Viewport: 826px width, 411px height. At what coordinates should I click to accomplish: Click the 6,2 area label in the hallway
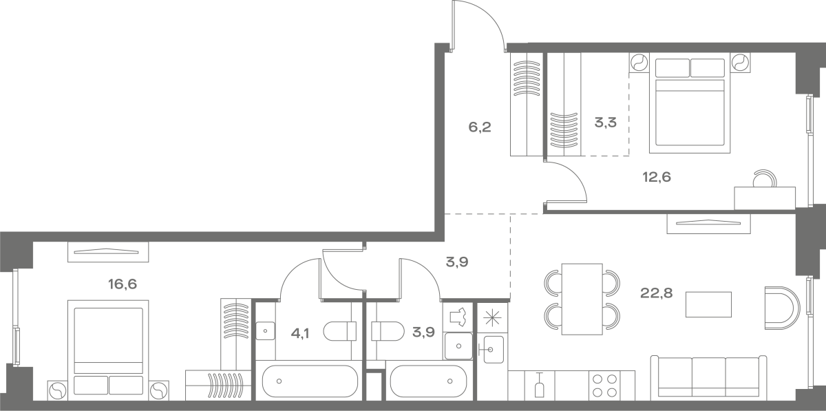tap(480, 127)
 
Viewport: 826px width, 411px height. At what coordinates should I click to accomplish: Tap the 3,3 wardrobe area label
tap(606, 122)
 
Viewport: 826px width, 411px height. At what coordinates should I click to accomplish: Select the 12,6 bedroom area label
tap(657, 177)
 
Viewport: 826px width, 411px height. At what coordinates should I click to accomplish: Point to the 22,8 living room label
tap(657, 293)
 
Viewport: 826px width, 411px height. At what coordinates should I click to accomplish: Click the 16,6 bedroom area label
tap(123, 284)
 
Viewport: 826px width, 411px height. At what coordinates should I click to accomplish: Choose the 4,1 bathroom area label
tap(300, 334)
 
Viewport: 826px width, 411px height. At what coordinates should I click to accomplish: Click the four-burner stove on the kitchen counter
tap(605, 386)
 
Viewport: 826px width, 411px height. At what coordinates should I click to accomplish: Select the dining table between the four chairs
tap(582, 299)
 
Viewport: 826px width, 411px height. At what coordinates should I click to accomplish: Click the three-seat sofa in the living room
tap(708, 377)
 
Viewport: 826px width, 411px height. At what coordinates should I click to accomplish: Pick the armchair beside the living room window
tap(782, 308)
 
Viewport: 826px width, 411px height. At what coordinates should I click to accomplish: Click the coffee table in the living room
tap(708, 304)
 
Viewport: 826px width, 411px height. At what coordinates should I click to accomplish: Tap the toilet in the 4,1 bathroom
tap(340, 331)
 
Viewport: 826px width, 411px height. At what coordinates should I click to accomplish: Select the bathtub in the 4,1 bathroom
tap(310, 381)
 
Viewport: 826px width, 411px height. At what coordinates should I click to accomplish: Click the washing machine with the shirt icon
tap(458, 317)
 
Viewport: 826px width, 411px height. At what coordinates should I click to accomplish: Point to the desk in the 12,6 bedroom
tap(765, 198)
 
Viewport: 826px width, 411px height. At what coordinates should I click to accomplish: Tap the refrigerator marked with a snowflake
tap(493, 318)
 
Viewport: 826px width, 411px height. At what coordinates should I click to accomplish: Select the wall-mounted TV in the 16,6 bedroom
tap(108, 252)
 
